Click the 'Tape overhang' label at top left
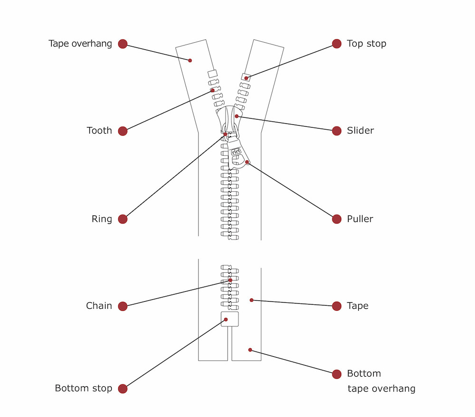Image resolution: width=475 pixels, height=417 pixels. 80,44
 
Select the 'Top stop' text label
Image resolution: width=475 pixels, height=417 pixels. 366,44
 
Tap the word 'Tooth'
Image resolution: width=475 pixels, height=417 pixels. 99,130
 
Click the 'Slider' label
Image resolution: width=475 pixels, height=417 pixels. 360,130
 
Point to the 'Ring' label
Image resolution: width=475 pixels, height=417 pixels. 102,219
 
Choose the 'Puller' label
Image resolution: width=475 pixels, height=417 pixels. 360,219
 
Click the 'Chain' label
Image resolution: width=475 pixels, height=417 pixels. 99,306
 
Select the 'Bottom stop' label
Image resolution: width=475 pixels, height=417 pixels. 84,389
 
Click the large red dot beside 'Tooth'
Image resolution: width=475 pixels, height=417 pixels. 123,131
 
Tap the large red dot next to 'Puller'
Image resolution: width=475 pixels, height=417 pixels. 337,219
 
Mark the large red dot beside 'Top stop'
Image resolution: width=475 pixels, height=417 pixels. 337,44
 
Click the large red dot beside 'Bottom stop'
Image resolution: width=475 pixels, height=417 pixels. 123,389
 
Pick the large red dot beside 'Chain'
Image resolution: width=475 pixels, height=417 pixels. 123,306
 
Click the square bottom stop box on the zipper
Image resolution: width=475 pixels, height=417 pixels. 230,319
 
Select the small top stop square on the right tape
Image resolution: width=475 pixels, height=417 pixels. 246,77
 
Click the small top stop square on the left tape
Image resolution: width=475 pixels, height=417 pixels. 212,74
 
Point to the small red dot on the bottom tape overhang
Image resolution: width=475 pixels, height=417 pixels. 250,350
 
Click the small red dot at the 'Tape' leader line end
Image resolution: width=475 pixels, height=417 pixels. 252,300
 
